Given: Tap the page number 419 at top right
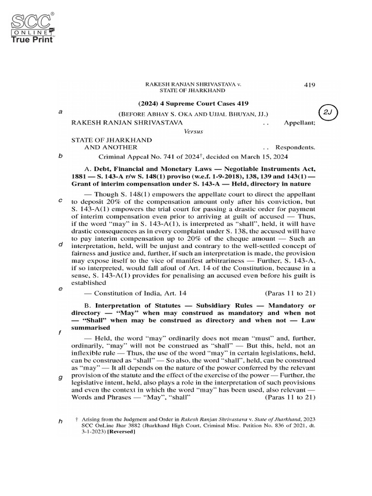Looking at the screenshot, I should (x=310, y=85).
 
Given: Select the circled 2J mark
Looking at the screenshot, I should (x=328, y=112).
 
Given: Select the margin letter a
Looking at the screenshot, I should (x=61, y=112).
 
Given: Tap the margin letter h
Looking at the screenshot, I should (x=61, y=421).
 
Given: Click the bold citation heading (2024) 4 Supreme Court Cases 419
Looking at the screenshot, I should (x=193, y=103).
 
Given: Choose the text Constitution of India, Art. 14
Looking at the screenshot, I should (x=140, y=293).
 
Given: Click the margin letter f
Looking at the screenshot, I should (x=61, y=333).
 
